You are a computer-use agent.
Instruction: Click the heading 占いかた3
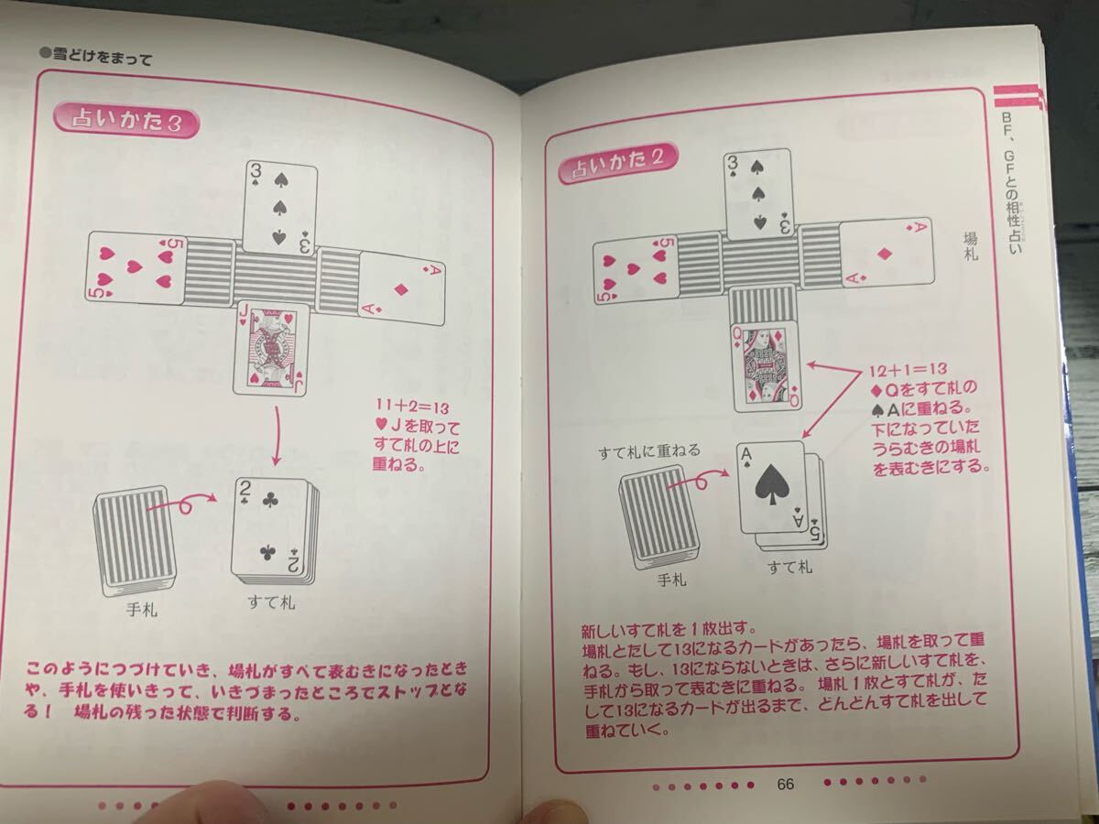[x=126, y=121]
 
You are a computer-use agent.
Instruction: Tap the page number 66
[x=786, y=784]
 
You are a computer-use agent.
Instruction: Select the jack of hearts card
[x=270, y=348]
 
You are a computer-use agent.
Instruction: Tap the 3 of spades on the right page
[x=759, y=196]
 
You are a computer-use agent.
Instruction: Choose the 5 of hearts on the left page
[x=136, y=267]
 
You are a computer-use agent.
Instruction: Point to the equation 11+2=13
[x=412, y=407]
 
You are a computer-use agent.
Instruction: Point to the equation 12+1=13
[x=908, y=369]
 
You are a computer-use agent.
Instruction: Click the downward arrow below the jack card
[x=276, y=435]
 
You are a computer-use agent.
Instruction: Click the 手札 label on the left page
[x=142, y=610]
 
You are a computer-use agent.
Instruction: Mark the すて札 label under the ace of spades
[x=790, y=568]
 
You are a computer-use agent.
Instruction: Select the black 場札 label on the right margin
[x=971, y=246]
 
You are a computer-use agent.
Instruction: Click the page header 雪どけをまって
[x=95, y=57]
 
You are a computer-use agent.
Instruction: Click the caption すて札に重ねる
[x=649, y=451]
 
